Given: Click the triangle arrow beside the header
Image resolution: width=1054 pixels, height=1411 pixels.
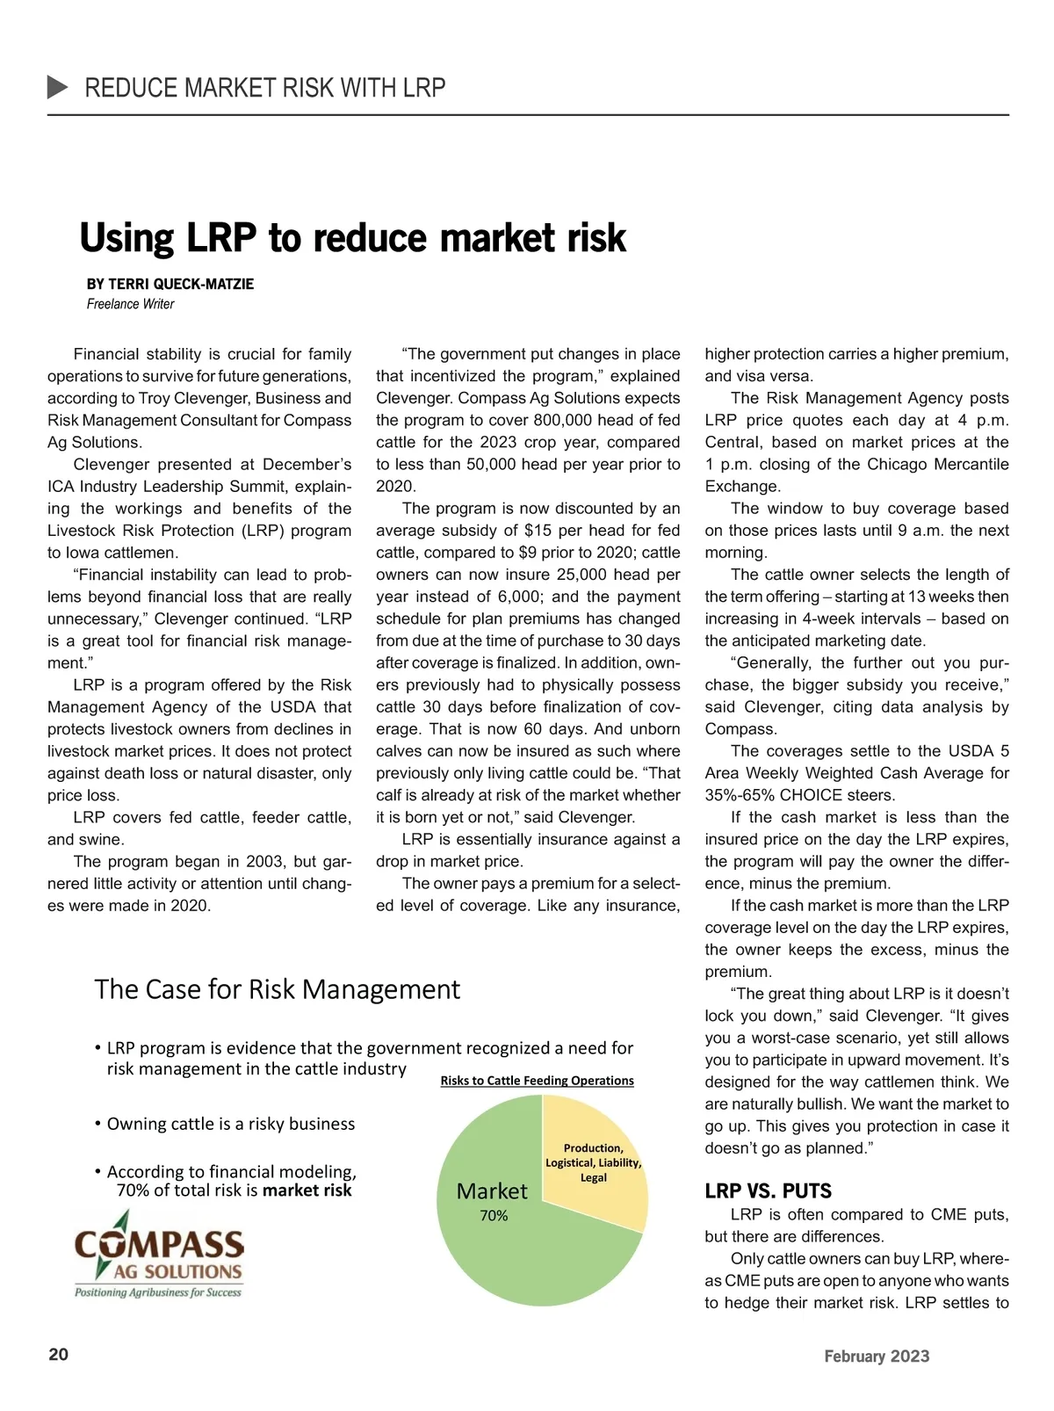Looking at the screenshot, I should [57, 87].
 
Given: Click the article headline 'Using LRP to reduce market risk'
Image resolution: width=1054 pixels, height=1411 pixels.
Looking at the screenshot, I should [352, 238].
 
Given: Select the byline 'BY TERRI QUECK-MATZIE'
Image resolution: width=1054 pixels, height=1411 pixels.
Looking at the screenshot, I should [170, 284].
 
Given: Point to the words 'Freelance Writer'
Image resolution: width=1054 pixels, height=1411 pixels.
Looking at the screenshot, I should [130, 304].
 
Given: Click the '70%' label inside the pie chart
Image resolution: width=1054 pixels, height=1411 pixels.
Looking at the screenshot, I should [494, 1216].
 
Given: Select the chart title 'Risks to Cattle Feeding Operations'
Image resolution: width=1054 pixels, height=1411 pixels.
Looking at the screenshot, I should [537, 1081].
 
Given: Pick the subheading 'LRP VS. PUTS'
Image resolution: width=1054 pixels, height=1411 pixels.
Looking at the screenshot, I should [768, 1191].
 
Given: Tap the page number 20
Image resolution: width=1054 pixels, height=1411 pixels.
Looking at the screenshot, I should [58, 1354].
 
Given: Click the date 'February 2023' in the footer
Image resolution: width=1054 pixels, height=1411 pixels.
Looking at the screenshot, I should [876, 1356].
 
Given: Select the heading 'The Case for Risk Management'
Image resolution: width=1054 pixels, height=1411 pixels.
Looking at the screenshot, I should [277, 989].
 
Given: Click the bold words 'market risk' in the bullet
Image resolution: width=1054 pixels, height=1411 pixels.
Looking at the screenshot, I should [307, 1190].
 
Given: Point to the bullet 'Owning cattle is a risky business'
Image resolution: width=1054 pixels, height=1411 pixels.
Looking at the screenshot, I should [230, 1124].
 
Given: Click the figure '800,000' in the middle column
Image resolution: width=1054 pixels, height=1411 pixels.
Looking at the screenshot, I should [552, 420].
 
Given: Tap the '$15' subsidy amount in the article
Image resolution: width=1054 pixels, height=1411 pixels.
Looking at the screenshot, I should [537, 531].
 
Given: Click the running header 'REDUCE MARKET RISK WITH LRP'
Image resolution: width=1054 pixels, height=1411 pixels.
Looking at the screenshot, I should [264, 88].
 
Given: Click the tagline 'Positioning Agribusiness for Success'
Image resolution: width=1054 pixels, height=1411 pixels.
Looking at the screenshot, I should [158, 1292].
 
